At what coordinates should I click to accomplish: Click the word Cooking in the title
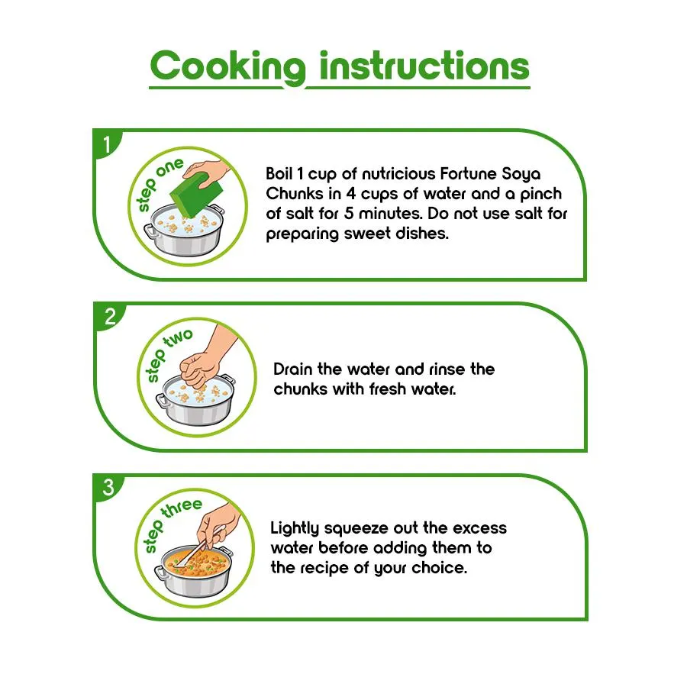pyautogui.click(x=227, y=66)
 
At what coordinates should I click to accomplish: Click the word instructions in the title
pyautogui.click(x=424, y=66)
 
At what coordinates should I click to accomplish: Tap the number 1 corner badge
pyautogui.click(x=106, y=144)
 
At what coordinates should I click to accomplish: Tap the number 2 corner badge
pyautogui.click(x=109, y=316)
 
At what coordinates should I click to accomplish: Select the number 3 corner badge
pyautogui.click(x=108, y=487)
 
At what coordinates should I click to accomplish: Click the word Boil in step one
pyautogui.click(x=279, y=174)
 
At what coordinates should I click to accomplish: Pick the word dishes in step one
pyautogui.click(x=422, y=234)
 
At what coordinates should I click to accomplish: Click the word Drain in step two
pyautogui.click(x=292, y=369)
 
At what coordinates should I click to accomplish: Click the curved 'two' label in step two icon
pyautogui.click(x=178, y=339)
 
